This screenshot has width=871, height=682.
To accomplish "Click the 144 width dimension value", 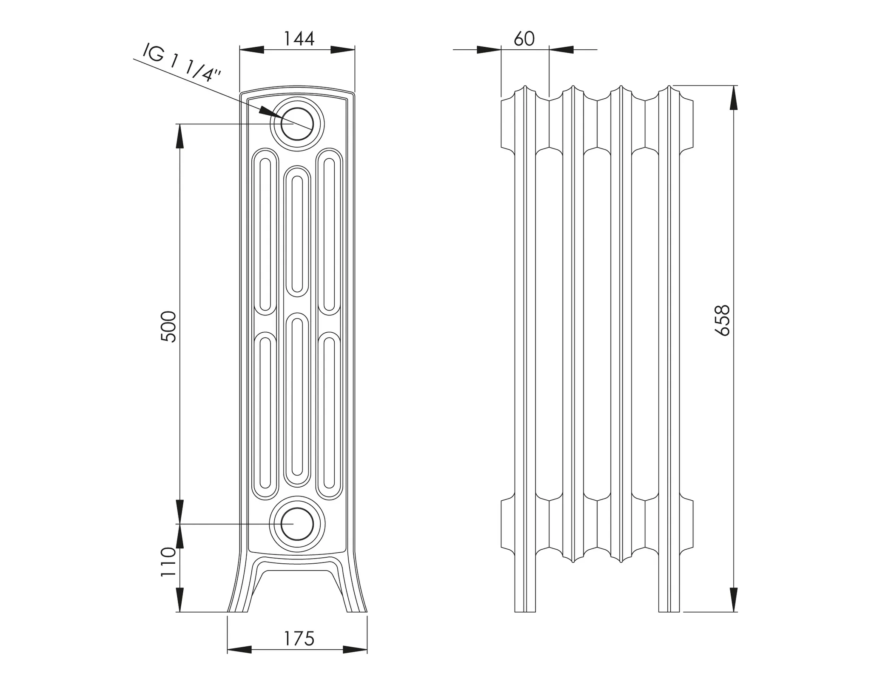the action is pos(299,39).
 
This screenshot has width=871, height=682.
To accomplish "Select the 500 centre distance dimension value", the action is pos(168,327).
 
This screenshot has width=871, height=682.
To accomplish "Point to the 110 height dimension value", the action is pos(168,562).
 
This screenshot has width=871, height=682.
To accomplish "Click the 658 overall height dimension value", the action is pos(723,320).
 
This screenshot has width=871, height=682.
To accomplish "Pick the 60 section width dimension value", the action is pos(524,39).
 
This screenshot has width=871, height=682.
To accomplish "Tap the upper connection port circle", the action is pos(297,124).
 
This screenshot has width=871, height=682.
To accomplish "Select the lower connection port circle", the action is pos(297,524).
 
